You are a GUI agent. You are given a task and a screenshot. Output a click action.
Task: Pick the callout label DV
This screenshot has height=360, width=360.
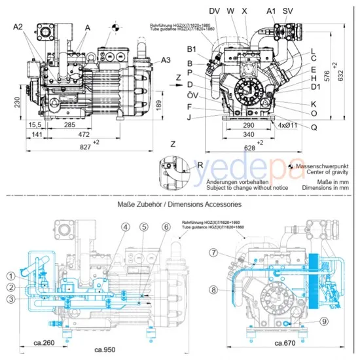click(x=214, y=10)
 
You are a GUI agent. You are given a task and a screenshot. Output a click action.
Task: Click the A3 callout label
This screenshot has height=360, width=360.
click(x=166, y=60)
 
